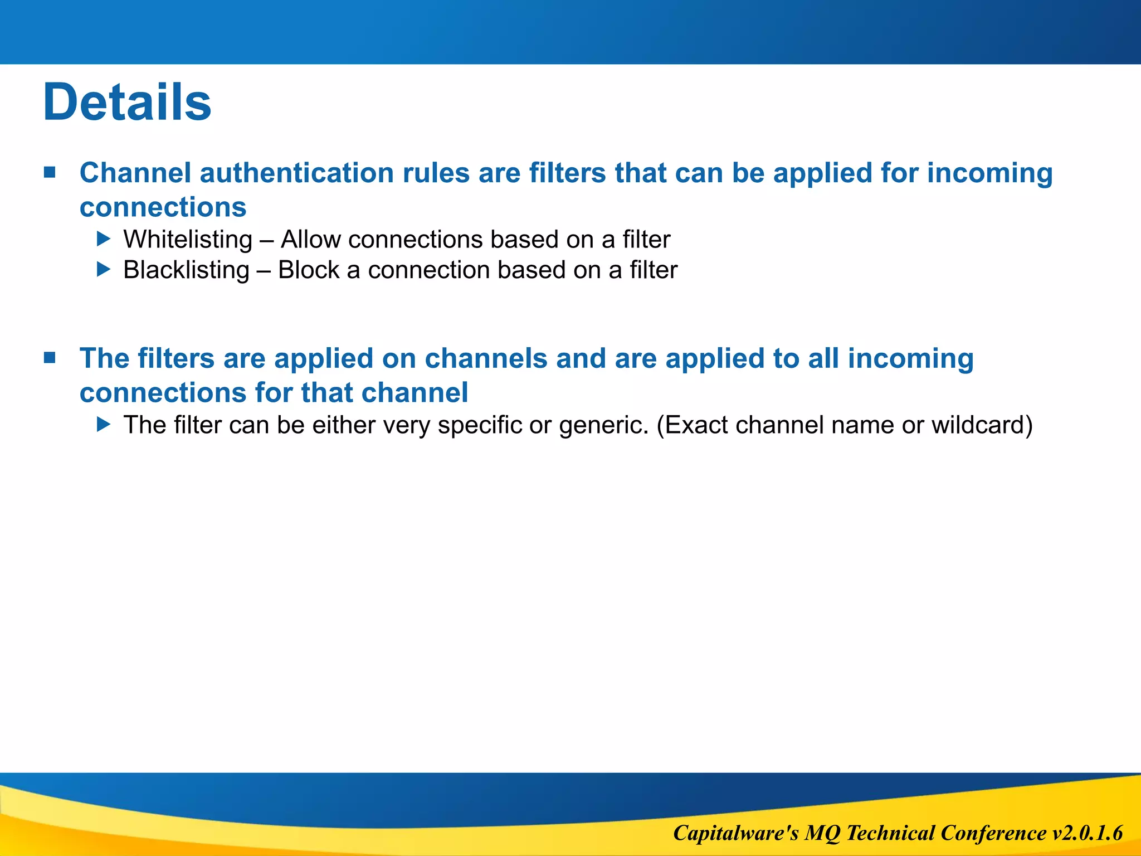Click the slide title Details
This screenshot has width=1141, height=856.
[127, 102]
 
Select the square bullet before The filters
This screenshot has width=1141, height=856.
[50, 357]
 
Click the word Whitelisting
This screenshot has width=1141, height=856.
[188, 240]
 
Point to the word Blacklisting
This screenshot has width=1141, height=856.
[186, 270]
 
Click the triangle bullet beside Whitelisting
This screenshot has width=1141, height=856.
[104, 239]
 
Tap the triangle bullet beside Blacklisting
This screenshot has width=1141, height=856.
[104, 270]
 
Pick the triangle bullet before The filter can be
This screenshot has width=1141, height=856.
[104, 425]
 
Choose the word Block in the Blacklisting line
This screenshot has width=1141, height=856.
[308, 270]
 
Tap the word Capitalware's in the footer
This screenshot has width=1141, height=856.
[735, 833]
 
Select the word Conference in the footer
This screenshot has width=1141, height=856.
[993, 833]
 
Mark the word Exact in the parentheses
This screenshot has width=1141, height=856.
[696, 425]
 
